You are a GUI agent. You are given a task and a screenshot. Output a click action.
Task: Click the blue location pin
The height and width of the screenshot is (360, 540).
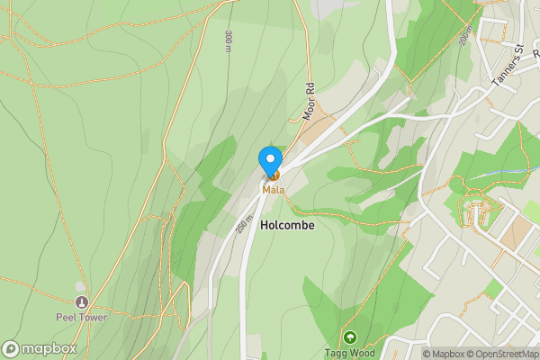coord(270,161)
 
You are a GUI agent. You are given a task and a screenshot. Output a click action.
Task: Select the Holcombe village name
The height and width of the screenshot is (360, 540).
coord(287,226)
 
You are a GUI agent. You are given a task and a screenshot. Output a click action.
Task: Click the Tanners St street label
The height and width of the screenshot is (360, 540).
coord(507,69)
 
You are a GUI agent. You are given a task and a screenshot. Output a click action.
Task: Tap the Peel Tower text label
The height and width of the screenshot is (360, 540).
coord(81,318)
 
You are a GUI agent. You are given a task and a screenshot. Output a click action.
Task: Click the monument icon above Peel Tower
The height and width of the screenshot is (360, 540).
coord(82,301)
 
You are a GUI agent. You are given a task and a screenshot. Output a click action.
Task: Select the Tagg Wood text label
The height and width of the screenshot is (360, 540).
coord(348,353)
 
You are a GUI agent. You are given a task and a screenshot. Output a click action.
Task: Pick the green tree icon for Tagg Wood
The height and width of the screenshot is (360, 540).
coord(349,337)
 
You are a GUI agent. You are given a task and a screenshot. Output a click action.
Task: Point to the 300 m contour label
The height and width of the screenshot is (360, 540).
coord(229,41)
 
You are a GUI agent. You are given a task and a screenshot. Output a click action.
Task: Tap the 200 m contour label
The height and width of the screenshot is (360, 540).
coord(464,35)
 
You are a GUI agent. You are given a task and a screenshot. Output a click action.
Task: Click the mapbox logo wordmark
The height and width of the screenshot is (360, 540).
coord(49,349)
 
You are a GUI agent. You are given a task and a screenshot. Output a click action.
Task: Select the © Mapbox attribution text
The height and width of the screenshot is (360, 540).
coord(445,354)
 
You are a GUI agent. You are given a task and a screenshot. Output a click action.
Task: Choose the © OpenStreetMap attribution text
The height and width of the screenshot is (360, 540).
coord(503,354)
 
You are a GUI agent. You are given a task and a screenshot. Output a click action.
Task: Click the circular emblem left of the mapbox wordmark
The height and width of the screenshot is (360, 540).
coord(12,349)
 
